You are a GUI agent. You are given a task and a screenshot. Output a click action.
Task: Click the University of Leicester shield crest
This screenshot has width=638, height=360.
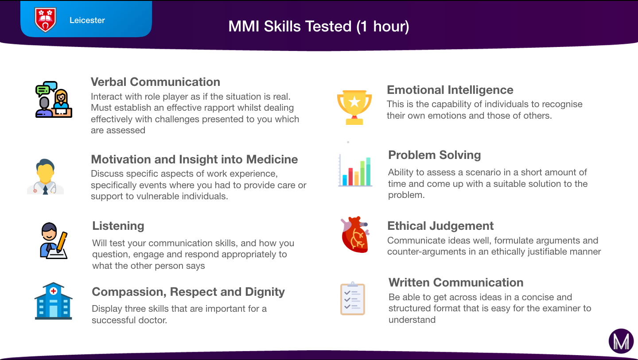[x=45, y=19]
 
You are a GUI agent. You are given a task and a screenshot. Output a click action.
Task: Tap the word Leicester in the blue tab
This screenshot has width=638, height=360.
[x=87, y=20]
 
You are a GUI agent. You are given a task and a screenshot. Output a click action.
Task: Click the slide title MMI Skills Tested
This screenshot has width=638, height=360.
[x=319, y=26]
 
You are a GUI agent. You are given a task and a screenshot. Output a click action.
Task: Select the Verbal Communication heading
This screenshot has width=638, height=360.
[x=156, y=82]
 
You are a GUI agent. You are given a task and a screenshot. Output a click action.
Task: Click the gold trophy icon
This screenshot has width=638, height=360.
[x=354, y=108]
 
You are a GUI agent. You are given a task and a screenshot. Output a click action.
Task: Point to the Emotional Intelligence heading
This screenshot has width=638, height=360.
[x=450, y=90]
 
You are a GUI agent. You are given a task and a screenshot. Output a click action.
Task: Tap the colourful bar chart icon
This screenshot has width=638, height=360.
[x=355, y=170]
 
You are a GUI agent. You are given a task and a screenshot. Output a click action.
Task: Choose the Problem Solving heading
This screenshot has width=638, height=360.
[x=434, y=155]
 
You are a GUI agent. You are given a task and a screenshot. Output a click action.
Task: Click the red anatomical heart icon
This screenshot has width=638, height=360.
[x=355, y=234]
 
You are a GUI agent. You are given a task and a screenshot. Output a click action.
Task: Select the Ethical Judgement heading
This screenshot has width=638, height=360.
[x=440, y=226]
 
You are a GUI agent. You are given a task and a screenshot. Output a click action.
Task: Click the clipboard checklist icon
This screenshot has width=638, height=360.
[x=353, y=298]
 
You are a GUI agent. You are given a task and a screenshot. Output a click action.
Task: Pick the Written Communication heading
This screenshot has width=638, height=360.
[x=456, y=283]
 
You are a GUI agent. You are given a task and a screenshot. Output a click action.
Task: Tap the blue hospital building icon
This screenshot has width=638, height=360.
[x=53, y=301]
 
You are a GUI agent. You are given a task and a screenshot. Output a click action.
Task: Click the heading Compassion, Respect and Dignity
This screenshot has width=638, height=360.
[x=188, y=292]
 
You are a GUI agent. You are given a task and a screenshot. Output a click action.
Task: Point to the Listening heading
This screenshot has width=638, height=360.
[x=118, y=226]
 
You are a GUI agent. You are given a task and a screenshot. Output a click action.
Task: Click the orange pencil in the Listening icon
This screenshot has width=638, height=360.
[x=62, y=242]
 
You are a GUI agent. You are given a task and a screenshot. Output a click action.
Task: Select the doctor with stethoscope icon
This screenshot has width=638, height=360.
[x=45, y=177]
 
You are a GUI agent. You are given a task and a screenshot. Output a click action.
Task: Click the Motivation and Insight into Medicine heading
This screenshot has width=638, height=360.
[x=194, y=159]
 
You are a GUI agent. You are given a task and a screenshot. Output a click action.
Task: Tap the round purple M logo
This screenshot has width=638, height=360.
[x=621, y=341]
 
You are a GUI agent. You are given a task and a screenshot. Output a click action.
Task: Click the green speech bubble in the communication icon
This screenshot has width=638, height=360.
[x=43, y=90]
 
